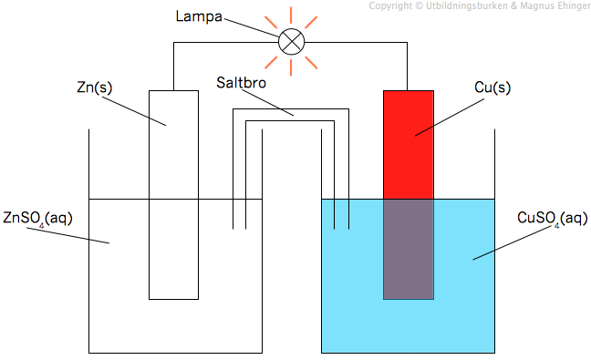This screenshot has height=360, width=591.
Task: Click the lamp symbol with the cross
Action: point(291,41)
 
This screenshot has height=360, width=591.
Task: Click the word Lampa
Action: point(199,16)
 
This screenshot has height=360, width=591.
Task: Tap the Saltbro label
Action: point(241,82)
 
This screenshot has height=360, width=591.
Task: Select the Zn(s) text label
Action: point(95,87)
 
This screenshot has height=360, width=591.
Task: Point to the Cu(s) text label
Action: point(493,87)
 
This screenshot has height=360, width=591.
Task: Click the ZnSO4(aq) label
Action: point(37,219)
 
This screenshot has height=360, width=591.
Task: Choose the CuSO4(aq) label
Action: point(553,219)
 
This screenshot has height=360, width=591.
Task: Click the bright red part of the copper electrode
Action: point(409,145)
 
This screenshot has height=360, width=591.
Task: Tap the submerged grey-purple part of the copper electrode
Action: point(409,250)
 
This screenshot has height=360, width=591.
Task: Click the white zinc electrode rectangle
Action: point(174,195)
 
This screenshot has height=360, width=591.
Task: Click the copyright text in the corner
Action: point(480,5)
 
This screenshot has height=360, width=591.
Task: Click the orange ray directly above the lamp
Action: point(291,15)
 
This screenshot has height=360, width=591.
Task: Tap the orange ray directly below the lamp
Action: point(291,67)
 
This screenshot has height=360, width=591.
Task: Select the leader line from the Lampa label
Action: point(252,28)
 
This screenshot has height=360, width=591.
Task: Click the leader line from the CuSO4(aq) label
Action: point(512,243)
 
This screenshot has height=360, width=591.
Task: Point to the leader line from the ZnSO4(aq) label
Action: point(67,236)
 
